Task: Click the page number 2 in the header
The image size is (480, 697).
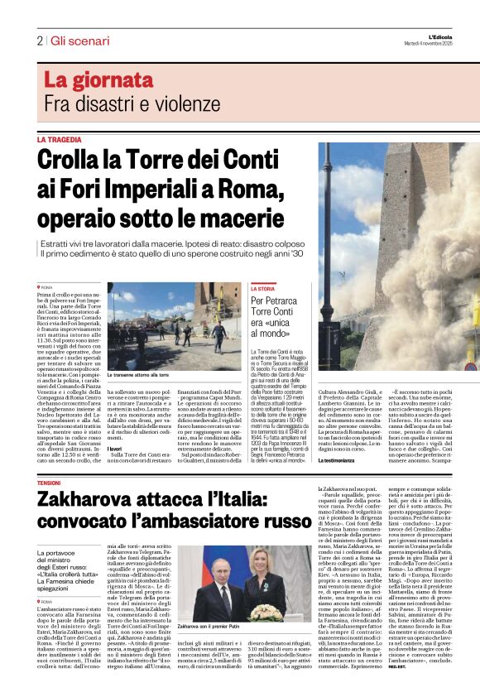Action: (x=40, y=41)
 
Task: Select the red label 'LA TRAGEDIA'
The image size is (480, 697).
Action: (x=60, y=141)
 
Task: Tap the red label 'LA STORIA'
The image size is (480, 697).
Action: (x=265, y=288)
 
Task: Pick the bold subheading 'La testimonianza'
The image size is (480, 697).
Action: (x=339, y=459)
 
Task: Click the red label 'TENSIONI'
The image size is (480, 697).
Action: (x=49, y=482)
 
